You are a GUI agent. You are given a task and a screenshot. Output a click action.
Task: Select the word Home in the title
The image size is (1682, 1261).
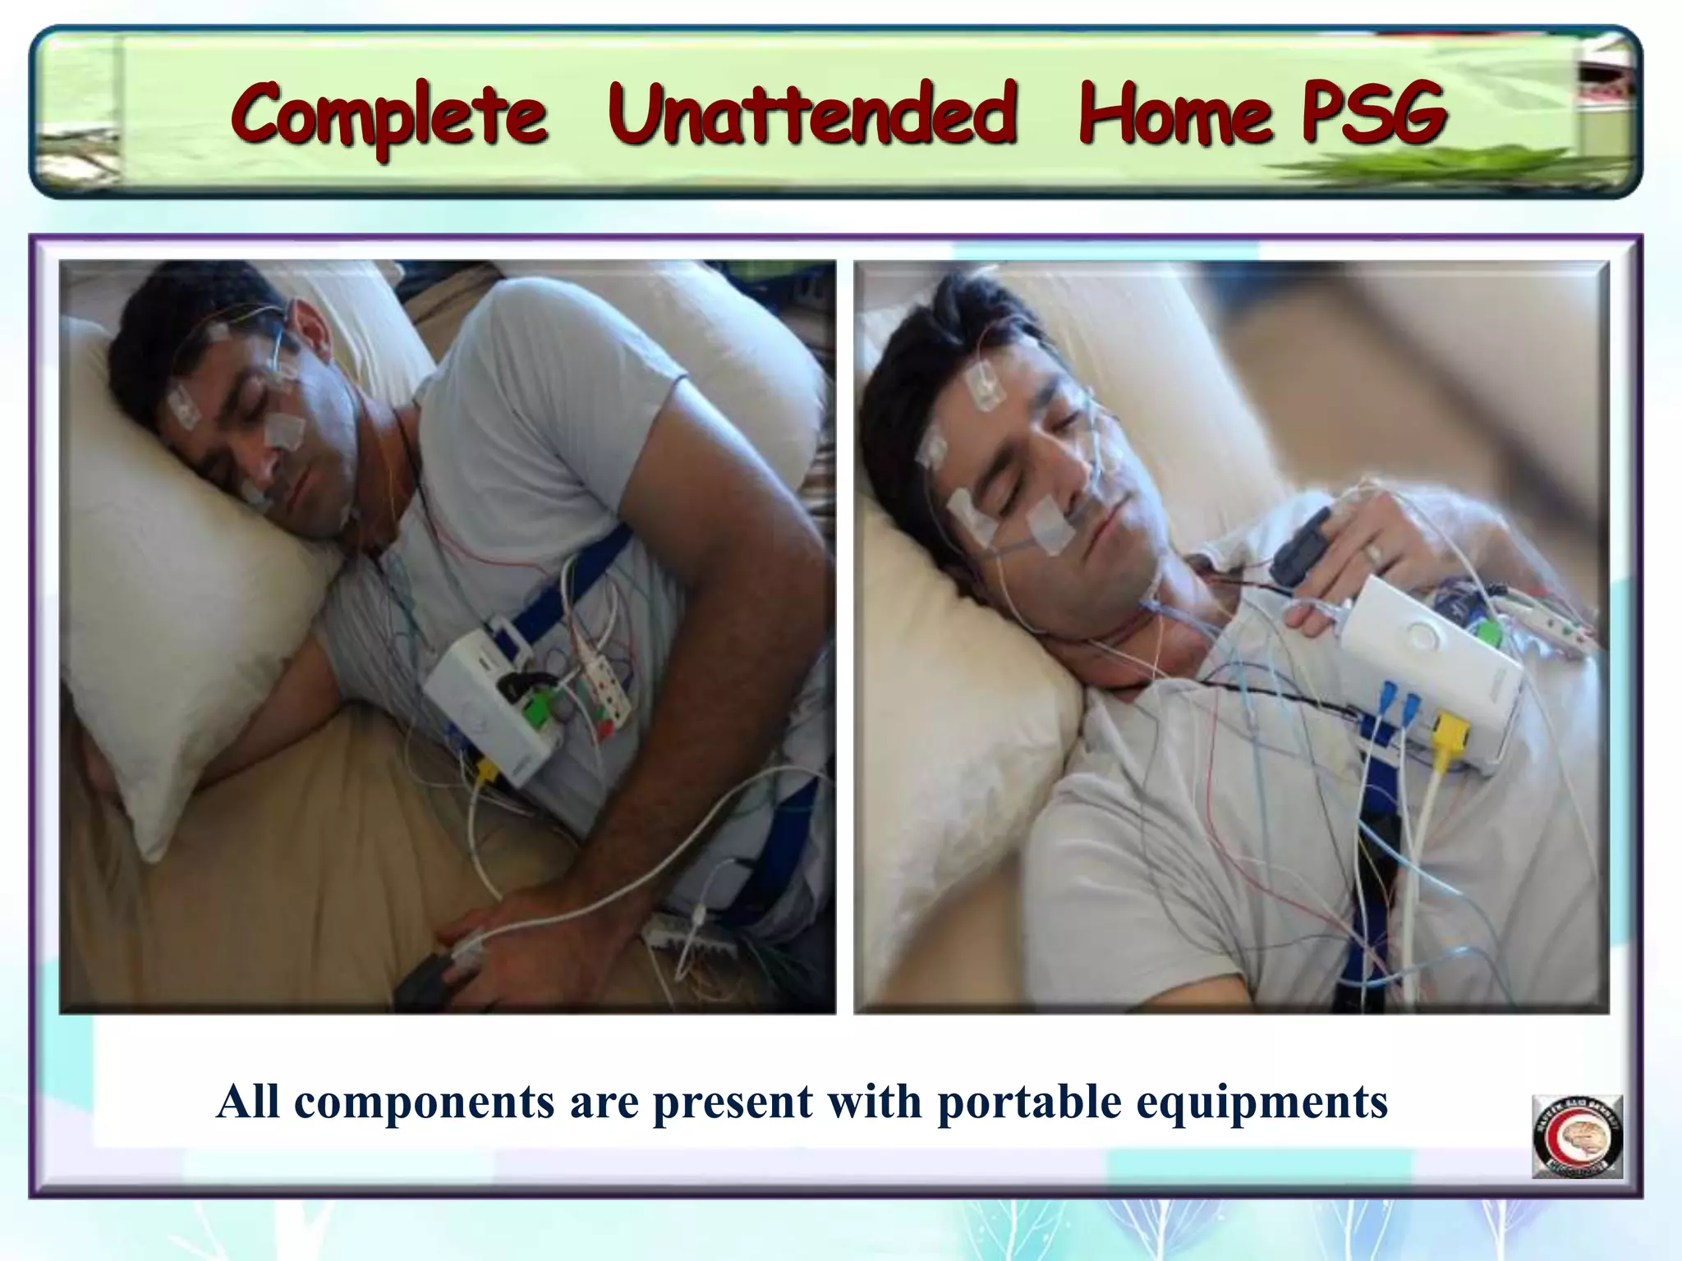[x=1175, y=114]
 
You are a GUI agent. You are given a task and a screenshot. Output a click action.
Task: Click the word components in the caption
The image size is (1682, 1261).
[x=424, y=1103]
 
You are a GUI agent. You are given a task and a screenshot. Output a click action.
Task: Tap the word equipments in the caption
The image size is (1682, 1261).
[x=1261, y=1103]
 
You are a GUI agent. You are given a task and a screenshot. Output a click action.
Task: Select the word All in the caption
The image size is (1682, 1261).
[x=248, y=1103]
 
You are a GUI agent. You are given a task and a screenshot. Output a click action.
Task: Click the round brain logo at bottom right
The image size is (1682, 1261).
[x=1577, y=1136]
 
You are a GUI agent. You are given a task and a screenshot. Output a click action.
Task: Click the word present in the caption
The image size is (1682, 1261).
[x=733, y=1103]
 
